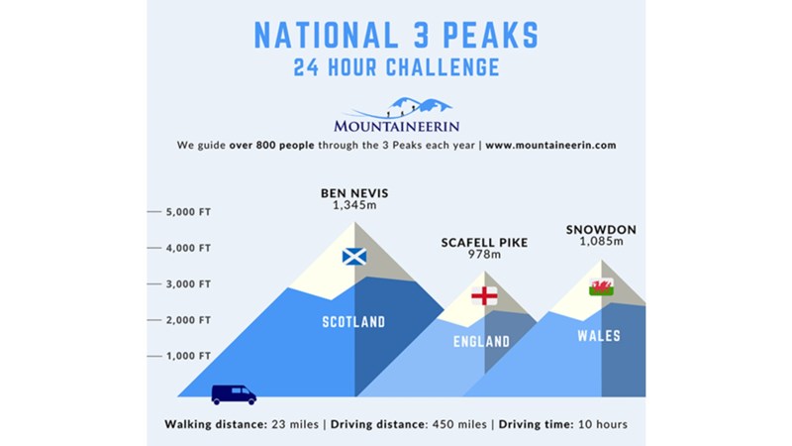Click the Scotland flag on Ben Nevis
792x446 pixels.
tap(354, 257)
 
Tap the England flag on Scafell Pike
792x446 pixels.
tap(484, 295)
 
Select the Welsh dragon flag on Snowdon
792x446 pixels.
tap(601, 286)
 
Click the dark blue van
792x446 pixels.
tap(234, 394)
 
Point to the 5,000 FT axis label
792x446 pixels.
tap(188, 212)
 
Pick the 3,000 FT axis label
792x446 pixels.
tap(188, 284)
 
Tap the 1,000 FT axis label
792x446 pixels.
tap(188, 356)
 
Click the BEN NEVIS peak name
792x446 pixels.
tap(354, 193)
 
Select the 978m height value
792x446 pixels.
tap(484, 254)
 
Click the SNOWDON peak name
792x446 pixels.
tap(601, 230)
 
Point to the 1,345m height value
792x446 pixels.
tap(354, 205)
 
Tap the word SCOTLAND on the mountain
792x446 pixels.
tap(353, 321)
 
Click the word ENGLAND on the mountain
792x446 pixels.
tap(481, 342)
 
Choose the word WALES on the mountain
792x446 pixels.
tap(599, 336)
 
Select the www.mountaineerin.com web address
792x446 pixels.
tap(550, 145)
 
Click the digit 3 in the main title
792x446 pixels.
tap(421, 36)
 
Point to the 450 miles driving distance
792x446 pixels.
tap(459, 424)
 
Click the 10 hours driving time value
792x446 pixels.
tap(603, 424)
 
